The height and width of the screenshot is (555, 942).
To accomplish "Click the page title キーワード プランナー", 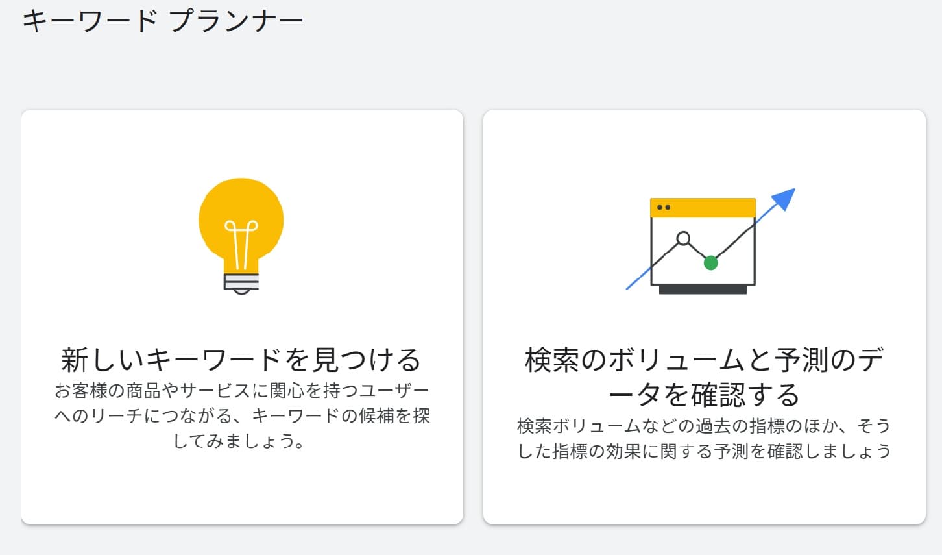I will (162, 21).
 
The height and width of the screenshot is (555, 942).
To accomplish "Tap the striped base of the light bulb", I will (241, 282).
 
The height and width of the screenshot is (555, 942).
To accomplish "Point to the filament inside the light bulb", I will (241, 243).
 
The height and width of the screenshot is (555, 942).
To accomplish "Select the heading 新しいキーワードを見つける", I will (241, 360).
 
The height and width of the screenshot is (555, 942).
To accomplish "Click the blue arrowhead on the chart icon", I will (785, 198).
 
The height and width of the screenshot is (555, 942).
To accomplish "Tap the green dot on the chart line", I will (710, 263).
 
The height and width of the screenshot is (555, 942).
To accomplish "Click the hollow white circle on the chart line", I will (683, 238).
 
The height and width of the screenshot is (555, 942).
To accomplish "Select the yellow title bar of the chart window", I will (703, 208).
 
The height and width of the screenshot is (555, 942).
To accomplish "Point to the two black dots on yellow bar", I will (664, 208).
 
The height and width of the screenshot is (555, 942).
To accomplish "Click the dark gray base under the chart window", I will (703, 290).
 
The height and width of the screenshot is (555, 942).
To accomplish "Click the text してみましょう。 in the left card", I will (238, 441).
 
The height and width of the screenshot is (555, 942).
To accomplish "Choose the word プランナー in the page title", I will (236, 21).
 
